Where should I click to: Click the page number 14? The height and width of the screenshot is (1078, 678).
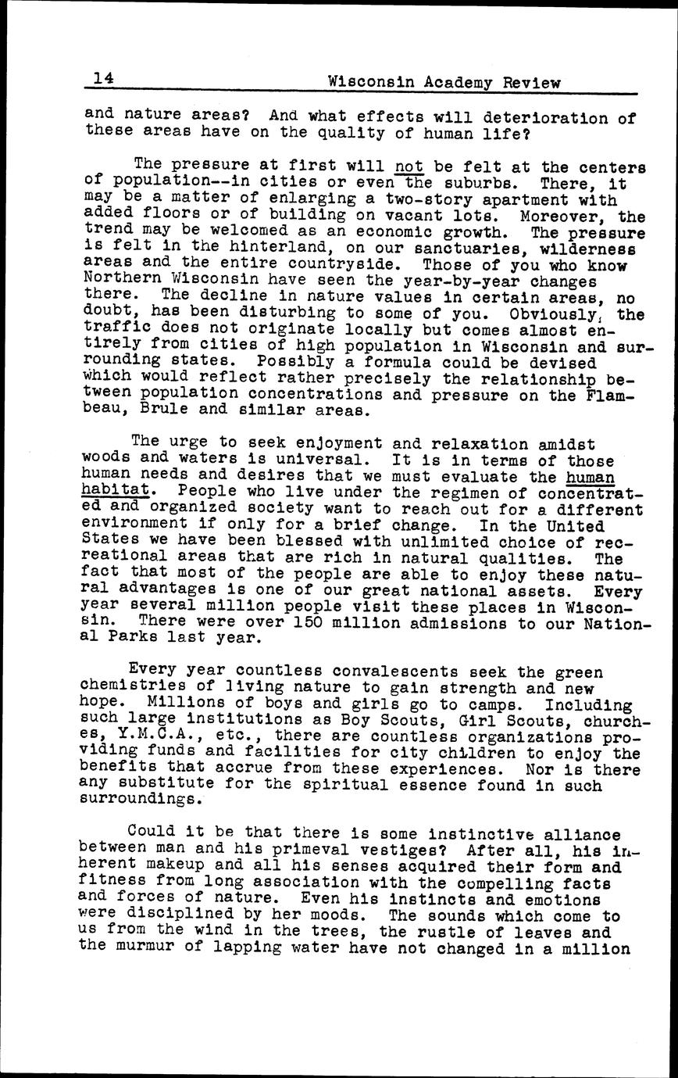[x=103, y=78]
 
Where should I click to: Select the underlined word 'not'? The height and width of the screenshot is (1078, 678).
[x=409, y=165]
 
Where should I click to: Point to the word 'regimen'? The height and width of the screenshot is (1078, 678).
[x=457, y=492]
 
